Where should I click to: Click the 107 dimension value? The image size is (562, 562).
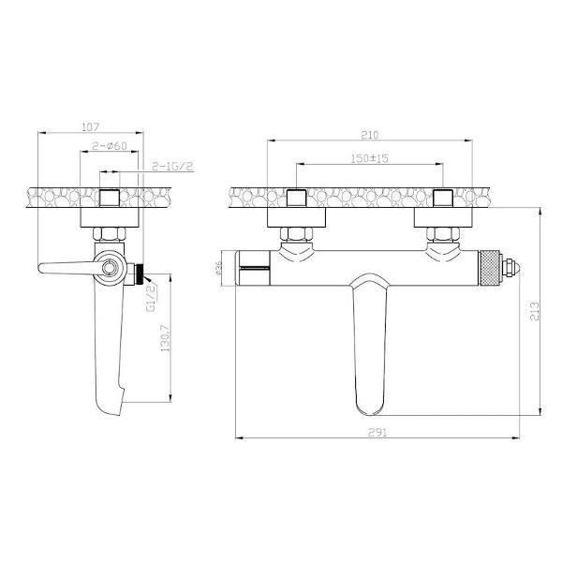(91, 126)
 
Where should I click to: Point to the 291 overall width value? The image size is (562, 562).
(377, 432)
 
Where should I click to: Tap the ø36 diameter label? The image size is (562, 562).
(217, 268)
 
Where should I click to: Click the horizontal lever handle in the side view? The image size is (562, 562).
(66, 269)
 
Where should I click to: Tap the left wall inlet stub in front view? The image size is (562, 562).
(297, 199)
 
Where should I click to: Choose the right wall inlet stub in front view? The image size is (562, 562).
(443, 199)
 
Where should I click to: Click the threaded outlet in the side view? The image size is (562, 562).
(140, 275)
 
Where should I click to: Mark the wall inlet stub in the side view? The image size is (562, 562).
(110, 199)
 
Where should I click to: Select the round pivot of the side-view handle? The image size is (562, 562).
(111, 269)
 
